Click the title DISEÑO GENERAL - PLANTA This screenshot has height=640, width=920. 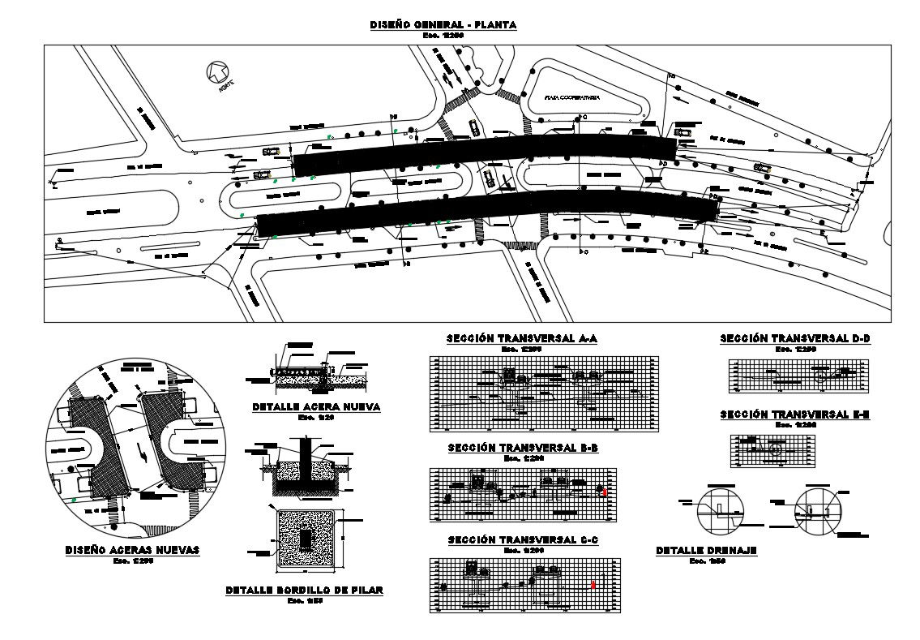coord(443,25)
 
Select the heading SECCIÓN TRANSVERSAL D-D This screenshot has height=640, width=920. coord(794,338)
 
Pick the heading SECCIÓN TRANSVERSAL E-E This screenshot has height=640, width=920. coord(794,414)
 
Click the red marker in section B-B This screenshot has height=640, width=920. coord(604,492)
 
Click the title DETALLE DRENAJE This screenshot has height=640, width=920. coord(705,552)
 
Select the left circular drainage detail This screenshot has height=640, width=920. coord(720,510)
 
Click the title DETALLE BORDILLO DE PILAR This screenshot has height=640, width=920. coord(305,591)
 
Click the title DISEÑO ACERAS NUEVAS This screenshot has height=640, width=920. coord(132,550)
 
